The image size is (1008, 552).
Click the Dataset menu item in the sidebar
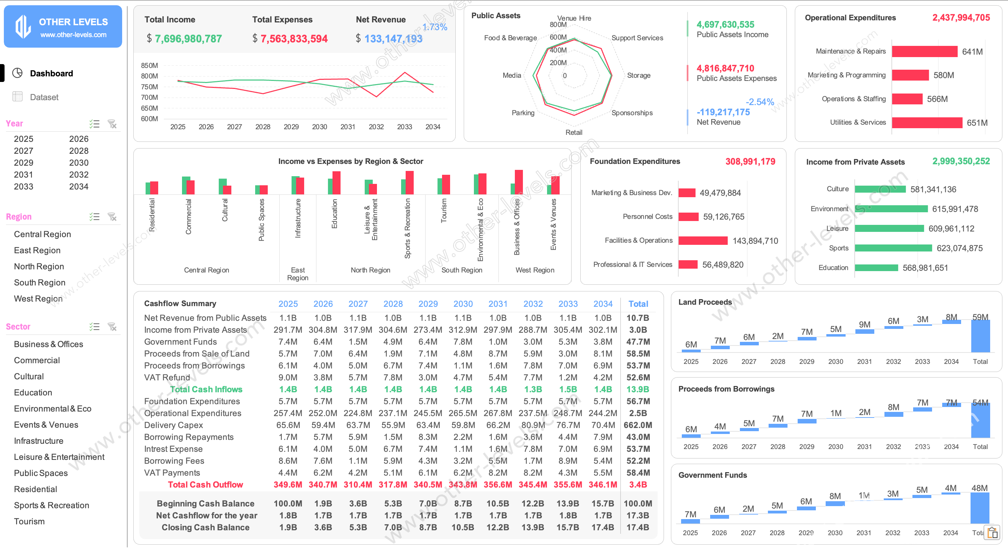pyautogui.click(x=44, y=97)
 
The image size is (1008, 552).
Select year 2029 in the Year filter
pyautogui.click(x=23, y=163)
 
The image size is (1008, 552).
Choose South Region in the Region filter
pyautogui.click(x=40, y=282)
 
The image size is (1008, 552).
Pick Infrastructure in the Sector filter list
pyautogui.click(x=38, y=441)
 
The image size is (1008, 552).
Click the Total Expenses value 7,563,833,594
pyautogui.click(x=294, y=39)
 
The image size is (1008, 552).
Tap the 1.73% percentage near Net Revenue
pyautogui.click(x=434, y=27)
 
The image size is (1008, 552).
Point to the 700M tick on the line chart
pyautogui.click(x=149, y=97)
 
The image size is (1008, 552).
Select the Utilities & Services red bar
pyautogui.click(x=926, y=123)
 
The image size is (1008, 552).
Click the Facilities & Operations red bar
pyautogui.click(x=703, y=241)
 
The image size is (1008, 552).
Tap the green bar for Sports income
pyautogui.click(x=893, y=248)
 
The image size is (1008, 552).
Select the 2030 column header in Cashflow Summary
pyautogui.click(x=463, y=304)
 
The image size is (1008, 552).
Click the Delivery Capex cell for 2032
pyautogui.click(x=533, y=425)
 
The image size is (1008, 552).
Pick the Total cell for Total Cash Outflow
pyautogui.click(x=638, y=485)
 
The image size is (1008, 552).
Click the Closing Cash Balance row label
pyautogui.click(x=205, y=527)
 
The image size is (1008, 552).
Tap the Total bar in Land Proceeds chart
pyautogui.click(x=980, y=337)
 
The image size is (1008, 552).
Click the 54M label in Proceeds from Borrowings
pyautogui.click(x=980, y=402)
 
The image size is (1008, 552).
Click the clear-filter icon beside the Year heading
pyautogui.click(x=112, y=124)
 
